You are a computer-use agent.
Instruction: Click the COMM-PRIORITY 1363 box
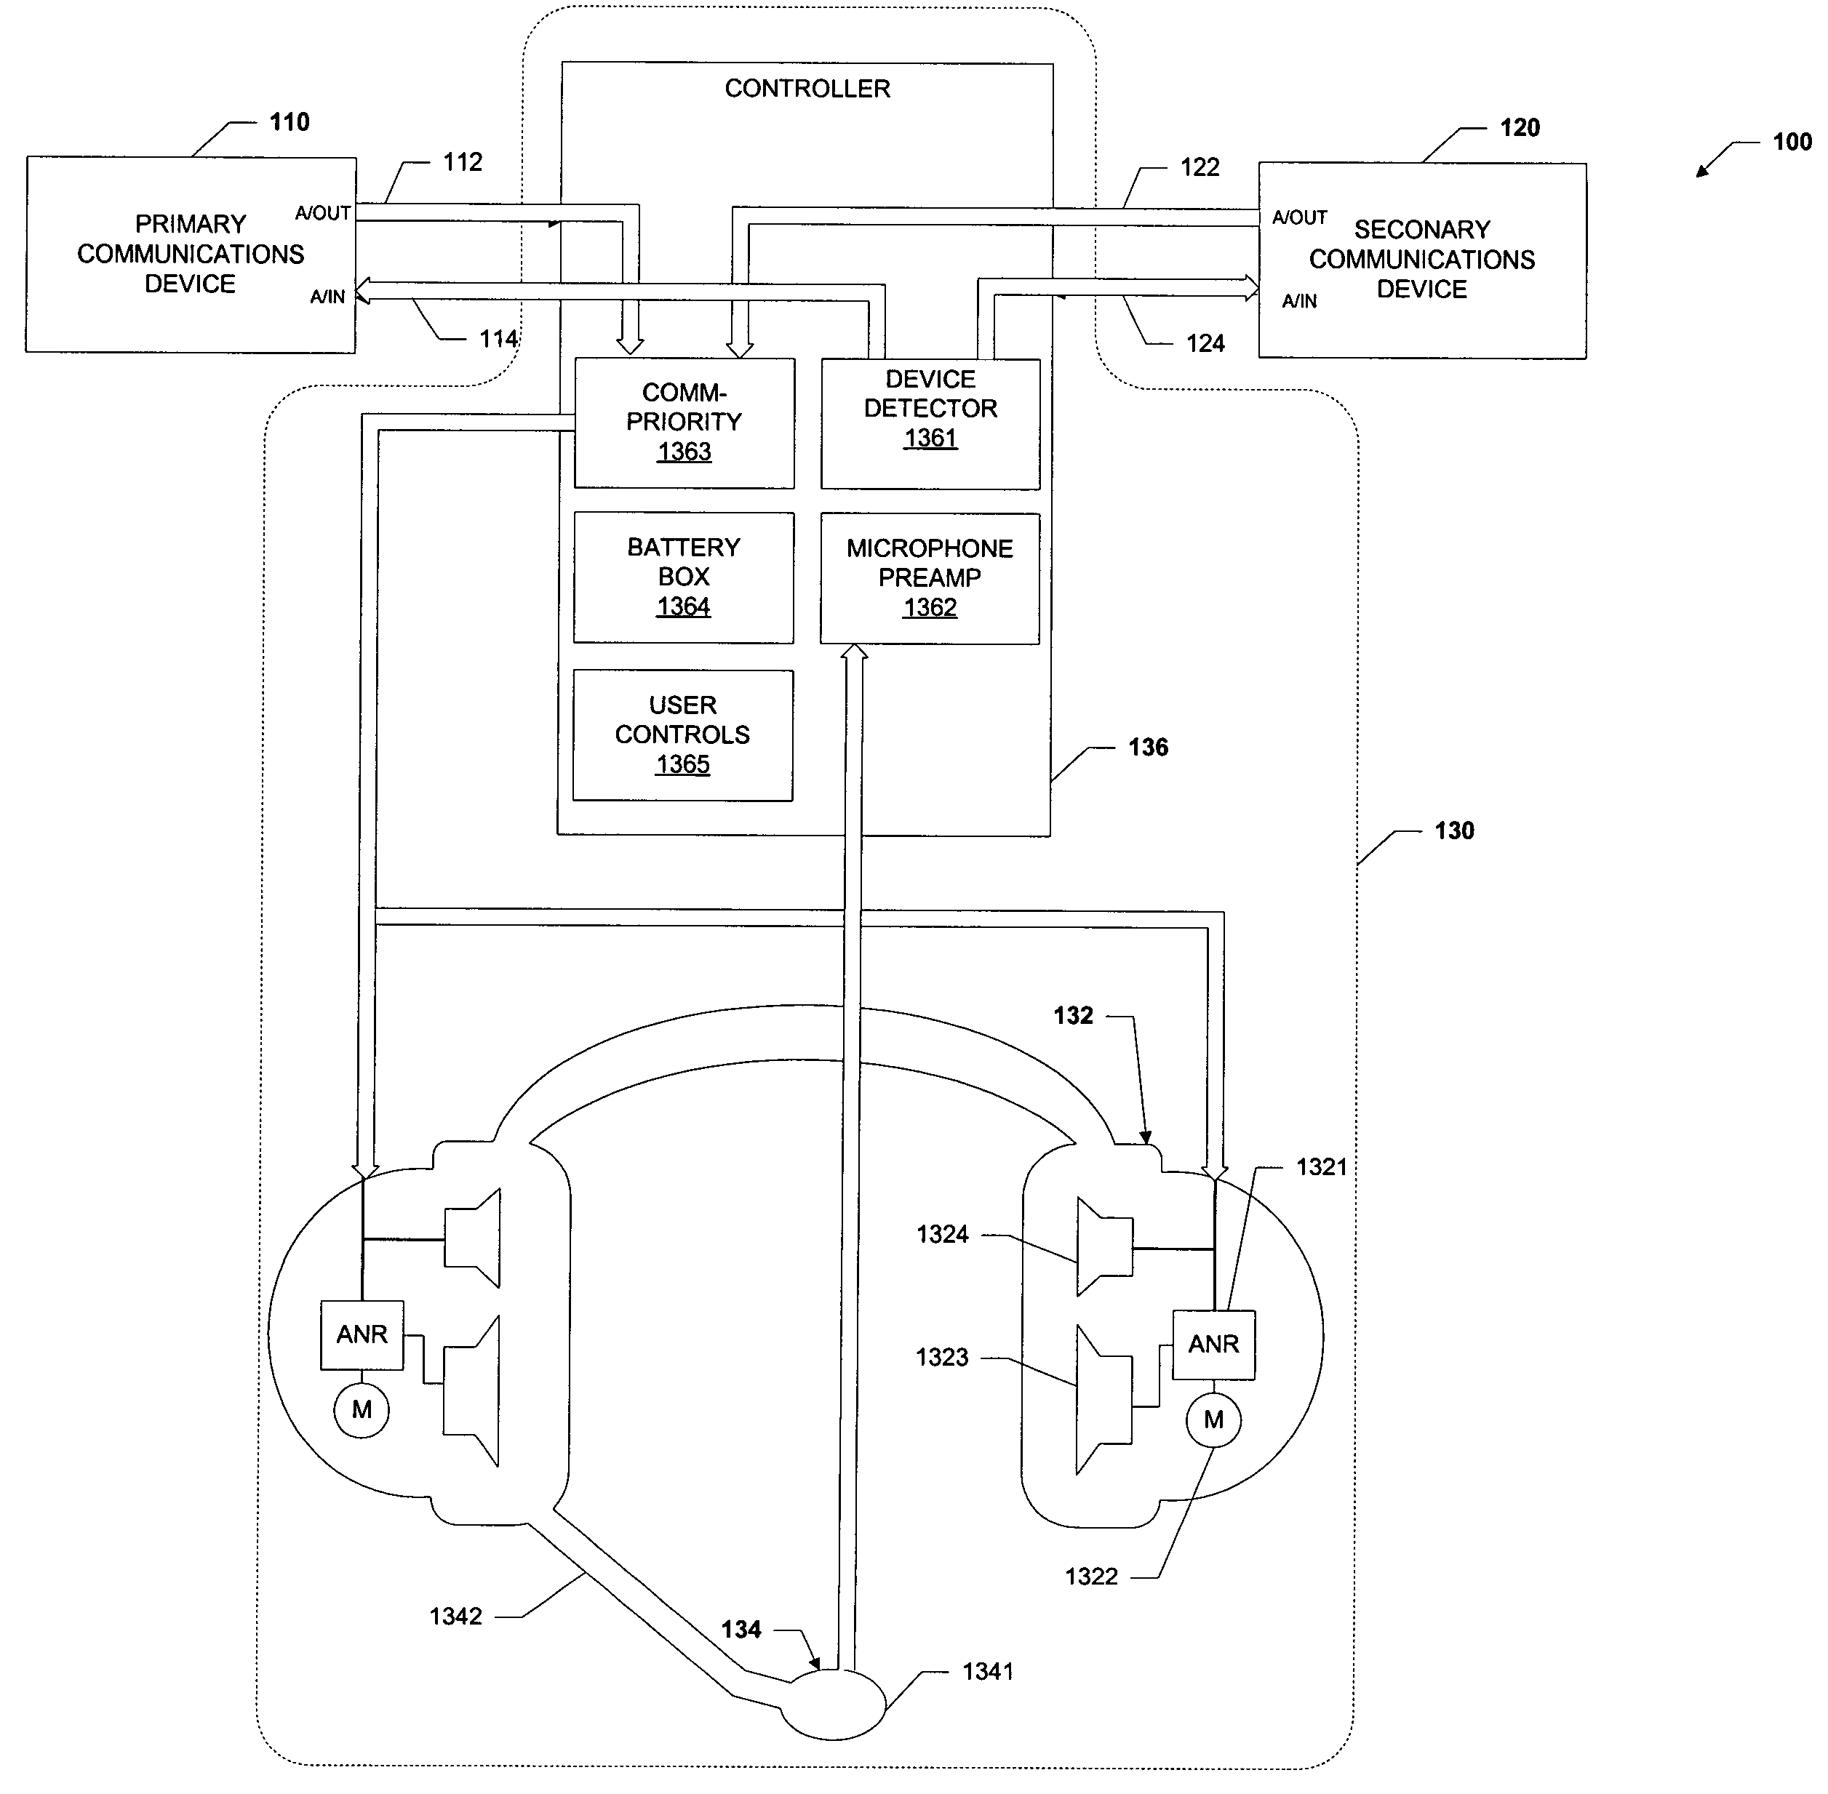pos(684,423)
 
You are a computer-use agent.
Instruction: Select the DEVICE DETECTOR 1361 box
pos(930,423)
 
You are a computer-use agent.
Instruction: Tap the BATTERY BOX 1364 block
pos(683,577)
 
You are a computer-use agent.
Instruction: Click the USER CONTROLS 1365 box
pos(682,735)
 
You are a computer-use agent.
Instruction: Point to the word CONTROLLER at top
pos(807,89)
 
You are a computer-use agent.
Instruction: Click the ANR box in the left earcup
pos(362,1335)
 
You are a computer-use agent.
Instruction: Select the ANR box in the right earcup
pos(1213,1345)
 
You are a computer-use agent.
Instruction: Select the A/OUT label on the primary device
pos(322,213)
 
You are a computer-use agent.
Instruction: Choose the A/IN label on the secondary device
pos(1299,302)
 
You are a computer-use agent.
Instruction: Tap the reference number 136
pos(1148,747)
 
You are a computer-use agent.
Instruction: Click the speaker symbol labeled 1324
pos(1103,1246)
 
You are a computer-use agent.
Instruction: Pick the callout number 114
pos(498,338)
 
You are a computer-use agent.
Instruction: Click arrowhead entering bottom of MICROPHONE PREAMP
pos(854,652)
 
